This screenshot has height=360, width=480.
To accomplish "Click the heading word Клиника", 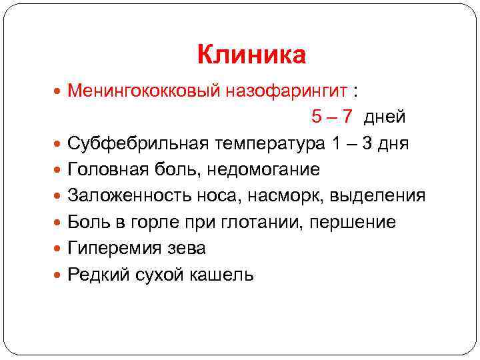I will tap(251, 55).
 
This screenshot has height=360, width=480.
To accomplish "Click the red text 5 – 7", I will tap(331, 117).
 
